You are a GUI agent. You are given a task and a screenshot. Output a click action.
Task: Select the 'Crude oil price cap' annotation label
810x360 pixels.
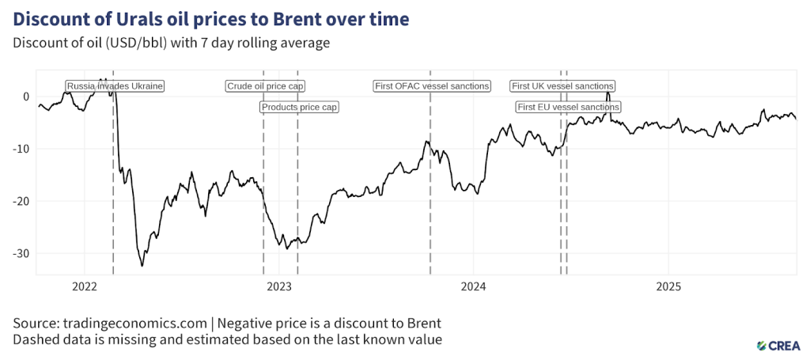(x=266, y=86)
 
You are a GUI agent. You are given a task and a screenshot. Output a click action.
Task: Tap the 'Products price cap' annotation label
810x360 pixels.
(x=300, y=107)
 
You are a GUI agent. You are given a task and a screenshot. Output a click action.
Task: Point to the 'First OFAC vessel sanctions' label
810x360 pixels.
(x=432, y=86)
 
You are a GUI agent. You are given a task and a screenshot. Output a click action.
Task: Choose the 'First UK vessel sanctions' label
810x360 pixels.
(x=562, y=86)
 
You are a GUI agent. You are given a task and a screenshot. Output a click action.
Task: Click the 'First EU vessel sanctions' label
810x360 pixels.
(x=568, y=107)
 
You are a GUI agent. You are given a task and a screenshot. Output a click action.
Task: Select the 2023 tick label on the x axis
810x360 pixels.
(x=278, y=286)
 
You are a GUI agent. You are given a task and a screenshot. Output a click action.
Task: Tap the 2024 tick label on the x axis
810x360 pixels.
(x=473, y=286)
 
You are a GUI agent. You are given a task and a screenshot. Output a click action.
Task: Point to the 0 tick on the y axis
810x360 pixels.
(x=26, y=97)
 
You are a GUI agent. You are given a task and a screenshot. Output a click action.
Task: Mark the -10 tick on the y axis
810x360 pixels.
(x=21, y=149)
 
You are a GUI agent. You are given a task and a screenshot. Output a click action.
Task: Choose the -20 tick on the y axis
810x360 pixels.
(x=21, y=201)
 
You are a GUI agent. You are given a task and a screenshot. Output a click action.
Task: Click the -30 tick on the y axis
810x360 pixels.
(x=21, y=253)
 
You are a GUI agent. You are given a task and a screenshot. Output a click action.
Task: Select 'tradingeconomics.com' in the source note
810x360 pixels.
(x=139, y=324)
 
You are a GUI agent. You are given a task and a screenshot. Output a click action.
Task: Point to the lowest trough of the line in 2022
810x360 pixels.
(x=142, y=266)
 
